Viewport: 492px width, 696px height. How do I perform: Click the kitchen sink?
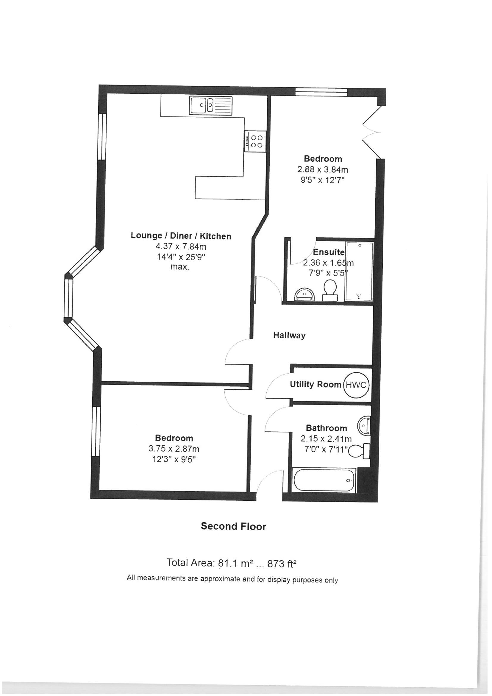pos(211,105)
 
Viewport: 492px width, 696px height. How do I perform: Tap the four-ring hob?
pos(256,141)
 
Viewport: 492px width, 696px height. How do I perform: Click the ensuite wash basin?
pos(304,294)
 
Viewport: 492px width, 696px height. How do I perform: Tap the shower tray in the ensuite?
pos(359,271)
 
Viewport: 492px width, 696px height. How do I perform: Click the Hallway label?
pos(289,335)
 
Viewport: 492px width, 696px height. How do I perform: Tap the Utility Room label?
pos(315,384)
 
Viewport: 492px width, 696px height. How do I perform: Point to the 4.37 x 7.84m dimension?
pos(181,246)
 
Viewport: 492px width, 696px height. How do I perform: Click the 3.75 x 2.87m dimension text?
pos(174,449)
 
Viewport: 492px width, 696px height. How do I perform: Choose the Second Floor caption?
pos(233,526)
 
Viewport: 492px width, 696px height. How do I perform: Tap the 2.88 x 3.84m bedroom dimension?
pos(323,169)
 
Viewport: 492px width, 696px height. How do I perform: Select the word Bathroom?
pos(327,428)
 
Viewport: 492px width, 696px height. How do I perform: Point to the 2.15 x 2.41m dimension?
pos(326,438)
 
